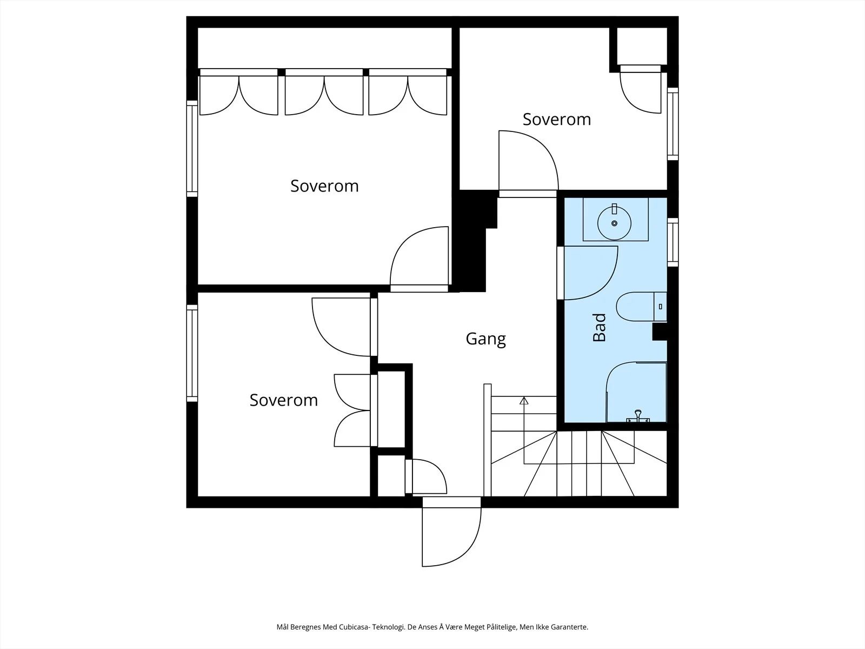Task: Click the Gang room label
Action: tap(485, 339)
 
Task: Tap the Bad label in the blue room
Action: tap(600, 327)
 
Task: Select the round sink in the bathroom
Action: tap(614, 223)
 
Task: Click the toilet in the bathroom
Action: tap(641, 307)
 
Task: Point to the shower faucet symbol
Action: tap(638, 416)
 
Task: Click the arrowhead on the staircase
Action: tap(524, 401)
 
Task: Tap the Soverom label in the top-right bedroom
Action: tap(557, 120)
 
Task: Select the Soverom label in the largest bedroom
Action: tap(324, 186)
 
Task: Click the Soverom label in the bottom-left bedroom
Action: tap(284, 400)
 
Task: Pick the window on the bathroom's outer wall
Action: tap(673, 242)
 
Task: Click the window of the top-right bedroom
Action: tap(673, 124)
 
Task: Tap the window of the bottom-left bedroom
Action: tap(192, 353)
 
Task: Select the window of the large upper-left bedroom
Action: tap(192, 149)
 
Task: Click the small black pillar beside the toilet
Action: tap(660, 332)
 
